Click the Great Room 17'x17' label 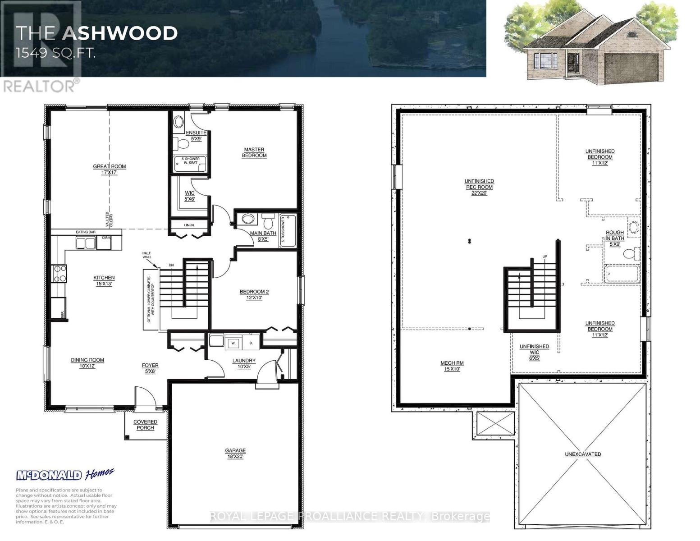click(110, 169)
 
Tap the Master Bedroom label click(255, 152)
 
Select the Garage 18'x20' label click(235, 453)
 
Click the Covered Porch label click(145, 425)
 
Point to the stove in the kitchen click(59, 273)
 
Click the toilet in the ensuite click(182, 144)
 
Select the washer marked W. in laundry click(234, 343)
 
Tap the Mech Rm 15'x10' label click(452, 366)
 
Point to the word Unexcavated click(583, 454)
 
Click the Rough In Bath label click(615, 238)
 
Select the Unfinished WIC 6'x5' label click(534, 352)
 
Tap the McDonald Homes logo click(65, 474)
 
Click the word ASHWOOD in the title click(120, 33)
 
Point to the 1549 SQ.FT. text click(55, 54)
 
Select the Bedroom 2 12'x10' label click(254, 294)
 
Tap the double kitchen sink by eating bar click(86, 243)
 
